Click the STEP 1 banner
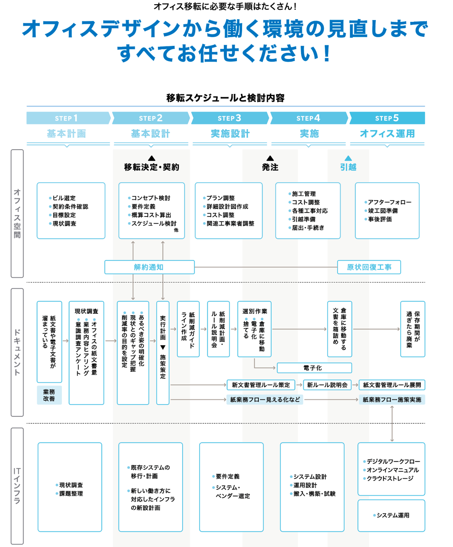[x=68, y=118]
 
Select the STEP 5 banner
[x=387, y=118]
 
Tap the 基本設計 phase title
[x=151, y=134]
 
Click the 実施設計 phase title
[x=230, y=134]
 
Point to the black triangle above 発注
[x=270, y=158]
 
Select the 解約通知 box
[x=149, y=267]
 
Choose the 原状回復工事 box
[x=369, y=267]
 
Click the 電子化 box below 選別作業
[x=314, y=368]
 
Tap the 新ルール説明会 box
[x=327, y=385]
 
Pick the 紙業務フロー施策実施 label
[x=392, y=400]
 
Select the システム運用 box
[x=391, y=515]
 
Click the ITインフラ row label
[x=17, y=486]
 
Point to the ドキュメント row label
[x=17, y=352]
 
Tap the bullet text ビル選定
[x=65, y=198]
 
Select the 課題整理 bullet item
[x=71, y=494]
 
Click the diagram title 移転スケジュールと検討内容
[x=225, y=98]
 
